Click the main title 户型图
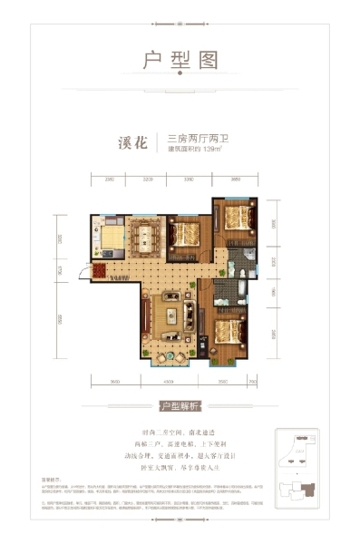pos(180,61)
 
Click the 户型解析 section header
pos(180,406)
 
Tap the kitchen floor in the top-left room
pos(108,240)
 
